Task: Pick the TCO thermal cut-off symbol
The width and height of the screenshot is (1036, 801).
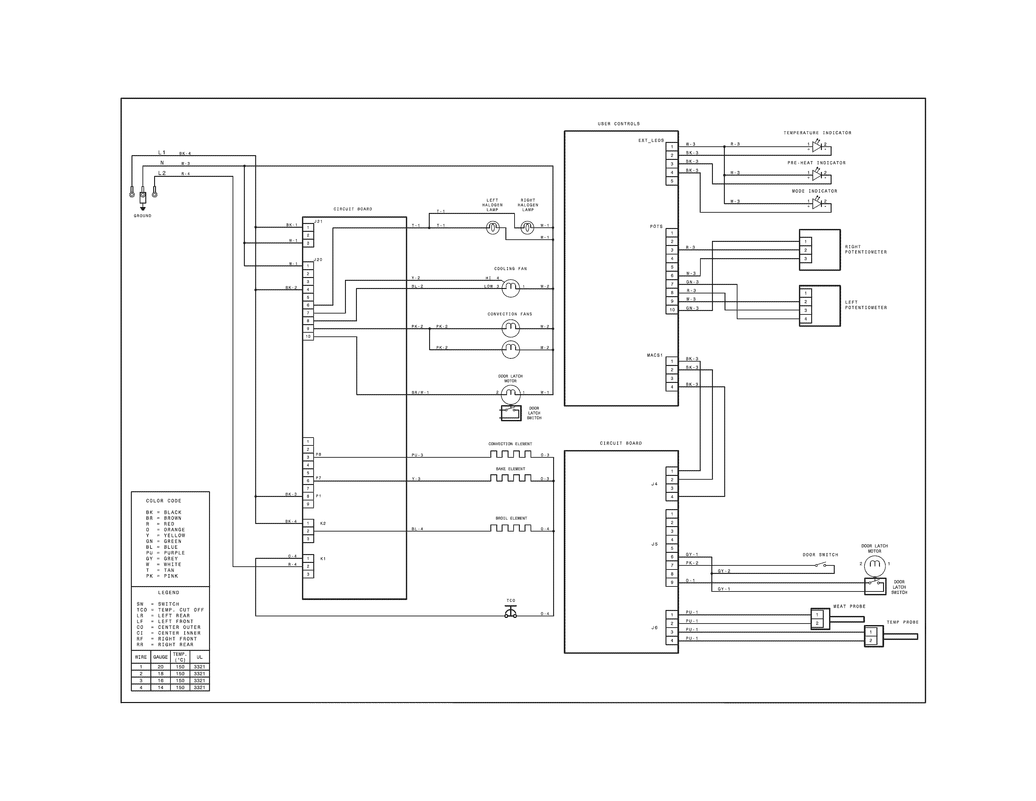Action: coord(511,613)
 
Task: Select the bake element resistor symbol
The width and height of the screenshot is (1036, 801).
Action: coord(511,478)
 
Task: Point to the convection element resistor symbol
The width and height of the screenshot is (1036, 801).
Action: coord(511,454)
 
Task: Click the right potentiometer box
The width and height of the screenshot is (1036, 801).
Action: coord(820,250)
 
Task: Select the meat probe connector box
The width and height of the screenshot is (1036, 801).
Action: coord(820,619)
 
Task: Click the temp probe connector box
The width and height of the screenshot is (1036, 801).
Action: coord(873,636)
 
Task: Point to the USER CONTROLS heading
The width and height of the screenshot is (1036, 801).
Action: coord(618,124)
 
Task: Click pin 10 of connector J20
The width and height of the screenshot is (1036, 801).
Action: coord(308,336)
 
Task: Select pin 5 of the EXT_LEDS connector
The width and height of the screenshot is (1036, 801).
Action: coord(672,181)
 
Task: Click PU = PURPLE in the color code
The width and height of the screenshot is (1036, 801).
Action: coord(165,553)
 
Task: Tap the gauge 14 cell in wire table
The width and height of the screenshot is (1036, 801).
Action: coord(160,687)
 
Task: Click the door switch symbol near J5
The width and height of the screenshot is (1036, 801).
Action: coord(820,565)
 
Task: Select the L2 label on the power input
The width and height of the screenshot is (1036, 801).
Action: coord(162,173)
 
